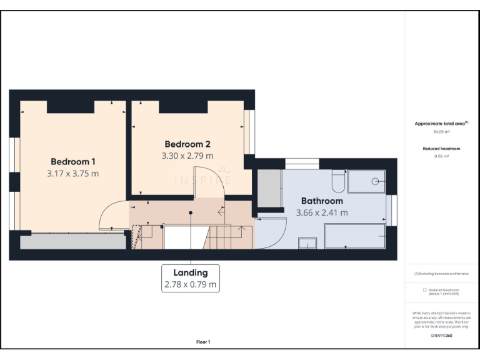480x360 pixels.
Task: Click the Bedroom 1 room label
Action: [x=72, y=161]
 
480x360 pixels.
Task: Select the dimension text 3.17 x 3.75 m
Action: [x=72, y=173]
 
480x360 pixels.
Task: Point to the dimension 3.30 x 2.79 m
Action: [x=187, y=156]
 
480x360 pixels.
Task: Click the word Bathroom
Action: [x=322, y=201]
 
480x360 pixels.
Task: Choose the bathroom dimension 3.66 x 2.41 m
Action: [x=322, y=212]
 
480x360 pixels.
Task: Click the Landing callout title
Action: [x=191, y=272]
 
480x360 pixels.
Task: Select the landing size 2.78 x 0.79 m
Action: [x=191, y=284]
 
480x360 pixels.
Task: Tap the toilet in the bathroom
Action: [x=337, y=182]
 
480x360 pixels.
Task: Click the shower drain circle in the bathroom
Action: [x=375, y=181]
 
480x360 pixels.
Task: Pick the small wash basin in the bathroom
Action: [x=307, y=243]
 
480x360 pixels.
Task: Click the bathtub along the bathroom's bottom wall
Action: [x=354, y=236]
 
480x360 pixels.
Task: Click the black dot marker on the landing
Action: [x=191, y=212]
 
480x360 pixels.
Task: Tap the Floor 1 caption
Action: [x=203, y=342]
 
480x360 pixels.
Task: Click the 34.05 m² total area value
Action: [x=441, y=132]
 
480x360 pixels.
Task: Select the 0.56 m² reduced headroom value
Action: [x=441, y=156]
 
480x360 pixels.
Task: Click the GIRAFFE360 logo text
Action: [x=441, y=336]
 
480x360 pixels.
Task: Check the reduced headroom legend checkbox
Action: [x=425, y=290]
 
